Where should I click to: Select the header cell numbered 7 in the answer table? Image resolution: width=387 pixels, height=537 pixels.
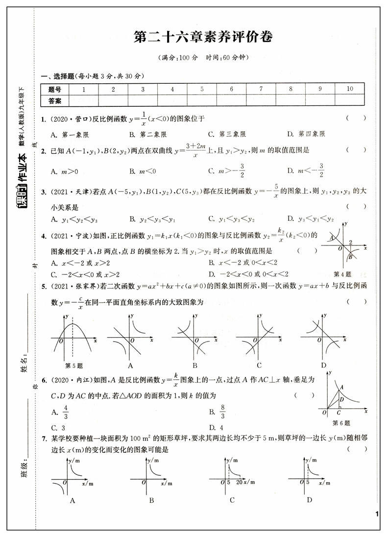pos(261,89)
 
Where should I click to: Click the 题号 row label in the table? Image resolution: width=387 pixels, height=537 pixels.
pos(55,89)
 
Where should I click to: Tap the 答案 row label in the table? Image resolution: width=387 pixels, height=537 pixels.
pos(55,101)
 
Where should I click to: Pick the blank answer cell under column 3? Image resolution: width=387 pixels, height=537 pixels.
pos(143,101)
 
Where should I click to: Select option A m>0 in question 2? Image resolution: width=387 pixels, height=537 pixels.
pos(61,171)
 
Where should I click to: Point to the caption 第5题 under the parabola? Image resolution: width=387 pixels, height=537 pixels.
pos(74,365)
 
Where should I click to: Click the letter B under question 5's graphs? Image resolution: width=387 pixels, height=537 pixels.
pos(194,365)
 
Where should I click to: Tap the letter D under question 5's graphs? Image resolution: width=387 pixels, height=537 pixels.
pos(323,365)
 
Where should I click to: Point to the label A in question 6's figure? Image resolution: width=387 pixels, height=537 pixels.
pos(341,387)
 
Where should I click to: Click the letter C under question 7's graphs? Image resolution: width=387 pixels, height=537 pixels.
pos(232,500)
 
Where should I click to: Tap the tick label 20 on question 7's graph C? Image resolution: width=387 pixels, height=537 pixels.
pos(239,483)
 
